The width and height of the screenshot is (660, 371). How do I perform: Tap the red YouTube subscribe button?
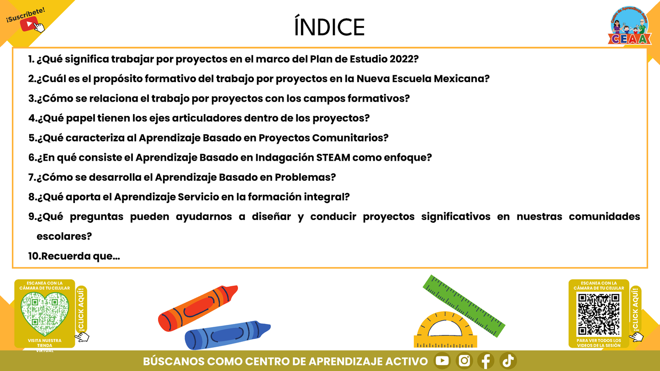29,24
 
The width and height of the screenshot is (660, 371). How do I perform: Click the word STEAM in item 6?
333,157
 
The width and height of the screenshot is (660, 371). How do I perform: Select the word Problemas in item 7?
305,177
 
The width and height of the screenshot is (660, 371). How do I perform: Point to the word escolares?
64,236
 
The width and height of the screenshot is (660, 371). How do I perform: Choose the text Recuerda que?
80,256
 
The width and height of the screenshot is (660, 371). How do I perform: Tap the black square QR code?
599,314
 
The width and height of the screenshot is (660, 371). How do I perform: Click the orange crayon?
198,308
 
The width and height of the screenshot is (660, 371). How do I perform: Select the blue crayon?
227,335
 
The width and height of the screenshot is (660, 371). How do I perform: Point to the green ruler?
464,306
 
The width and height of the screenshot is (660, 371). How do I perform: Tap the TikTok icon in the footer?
508,361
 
